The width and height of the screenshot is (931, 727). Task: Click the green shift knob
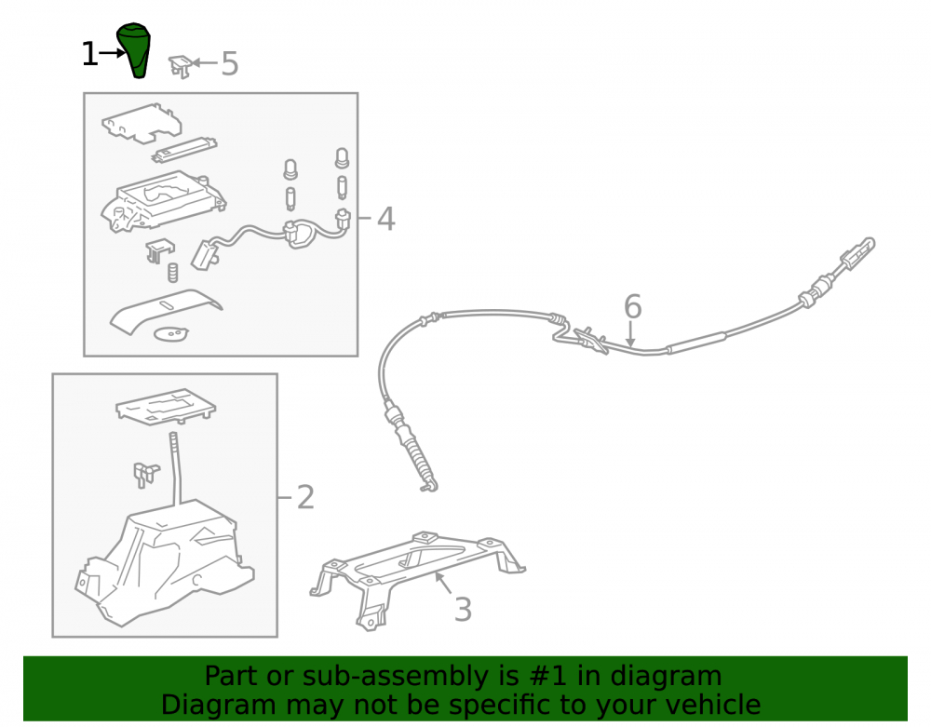[135, 50]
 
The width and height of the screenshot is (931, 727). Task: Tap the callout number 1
[89, 54]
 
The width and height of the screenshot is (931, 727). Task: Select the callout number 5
[230, 63]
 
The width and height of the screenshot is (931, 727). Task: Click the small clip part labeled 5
[180, 66]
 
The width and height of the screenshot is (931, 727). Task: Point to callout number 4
[386, 219]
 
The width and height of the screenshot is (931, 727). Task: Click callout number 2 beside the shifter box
[305, 497]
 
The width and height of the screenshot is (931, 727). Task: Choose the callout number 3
[463, 610]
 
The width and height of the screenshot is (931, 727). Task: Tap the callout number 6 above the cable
[633, 306]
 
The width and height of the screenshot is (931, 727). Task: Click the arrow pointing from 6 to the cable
[630, 333]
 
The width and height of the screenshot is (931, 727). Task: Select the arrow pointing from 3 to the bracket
[443, 582]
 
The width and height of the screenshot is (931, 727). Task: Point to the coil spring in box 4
[172, 273]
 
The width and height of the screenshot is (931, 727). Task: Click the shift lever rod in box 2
[175, 469]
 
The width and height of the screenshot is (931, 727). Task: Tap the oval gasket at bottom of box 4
[171, 334]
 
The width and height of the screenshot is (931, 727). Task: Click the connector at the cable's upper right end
[857, 253]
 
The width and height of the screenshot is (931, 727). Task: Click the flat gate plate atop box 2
[166, 407]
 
